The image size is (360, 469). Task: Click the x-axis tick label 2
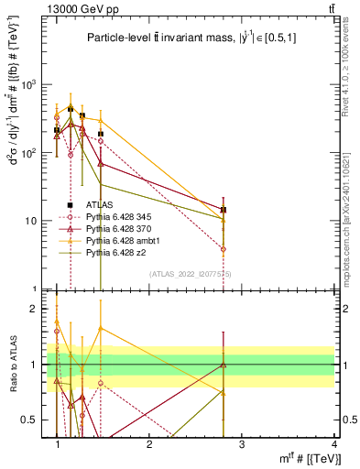coord(149,444)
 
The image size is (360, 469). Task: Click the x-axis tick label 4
coord(334,444)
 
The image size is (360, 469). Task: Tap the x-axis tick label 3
coord(242,444)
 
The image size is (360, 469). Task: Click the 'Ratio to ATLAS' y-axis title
coord(15,364)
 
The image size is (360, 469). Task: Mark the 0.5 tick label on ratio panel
coord(34,420)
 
